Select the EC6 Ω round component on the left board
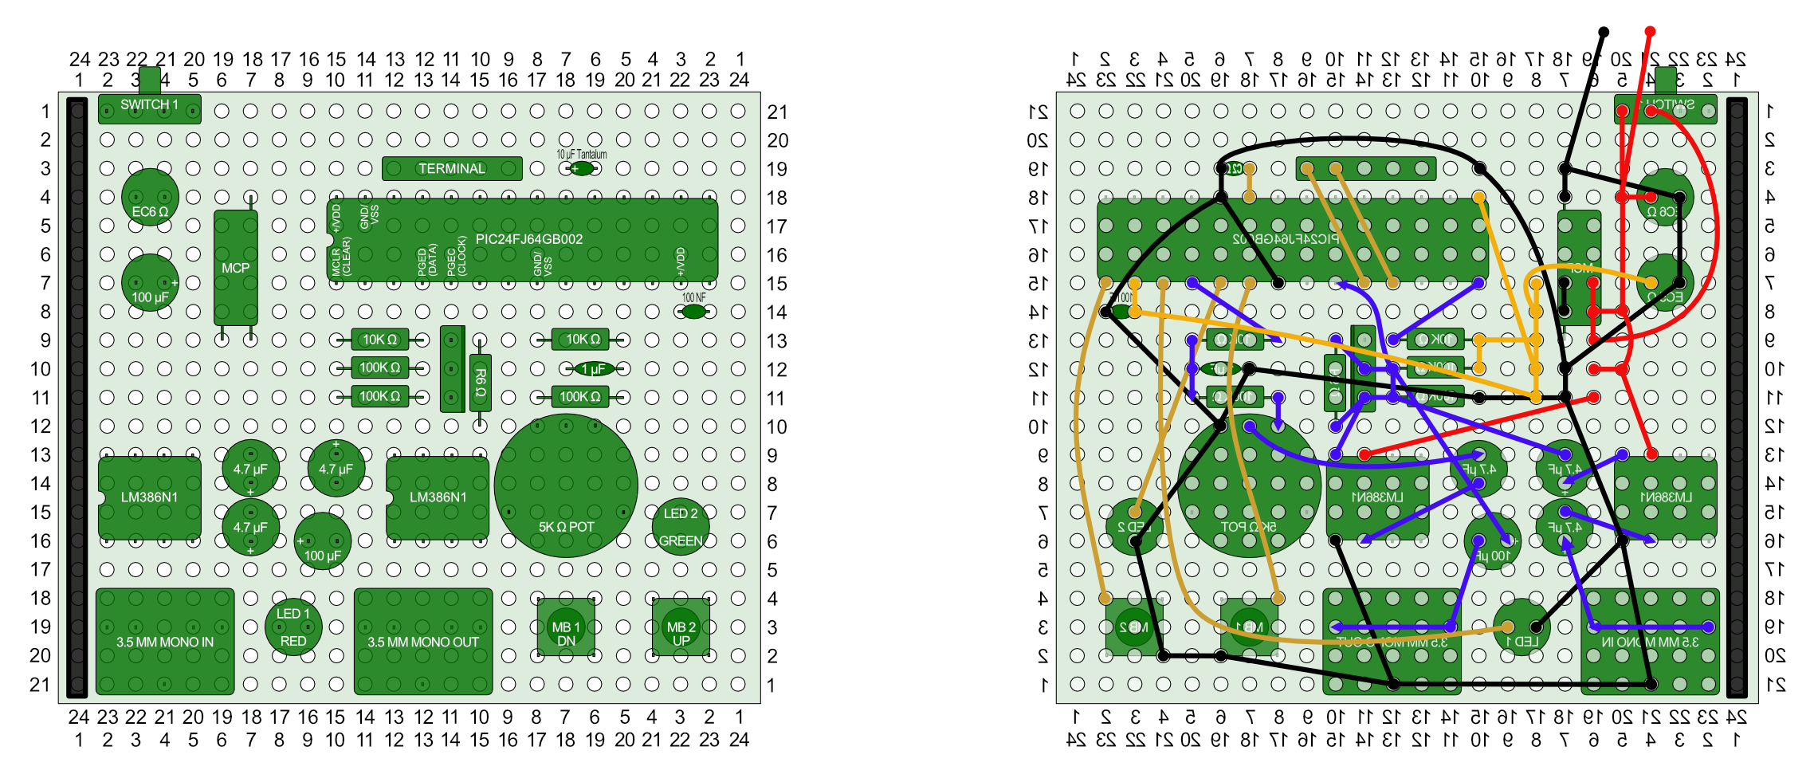click(150, 198)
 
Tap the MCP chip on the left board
click(236, 268)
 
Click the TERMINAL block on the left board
click(452, 169)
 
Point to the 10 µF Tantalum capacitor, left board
click(583, 168)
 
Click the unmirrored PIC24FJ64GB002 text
click(528, 239)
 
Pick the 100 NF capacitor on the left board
click(693, 312)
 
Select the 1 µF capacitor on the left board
click(595, 369)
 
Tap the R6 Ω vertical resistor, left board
click(480, 383)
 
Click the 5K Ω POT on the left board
click(566, 486)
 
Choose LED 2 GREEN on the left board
click(681, 526)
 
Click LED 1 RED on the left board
click(293, 627)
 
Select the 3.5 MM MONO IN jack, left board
click(165, 642)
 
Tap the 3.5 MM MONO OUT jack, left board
click(423, 642)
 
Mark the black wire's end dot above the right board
click(1604, 32)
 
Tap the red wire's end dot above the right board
click(1650, 32)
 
